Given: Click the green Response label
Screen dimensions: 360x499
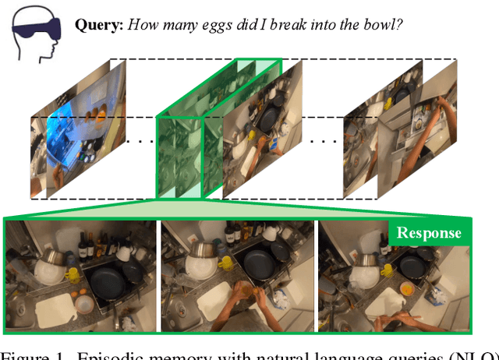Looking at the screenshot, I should pos(428,233).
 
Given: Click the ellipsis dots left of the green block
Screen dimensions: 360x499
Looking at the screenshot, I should pos(140,140).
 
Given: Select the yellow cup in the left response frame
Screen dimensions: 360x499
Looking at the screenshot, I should pos(73,274).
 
